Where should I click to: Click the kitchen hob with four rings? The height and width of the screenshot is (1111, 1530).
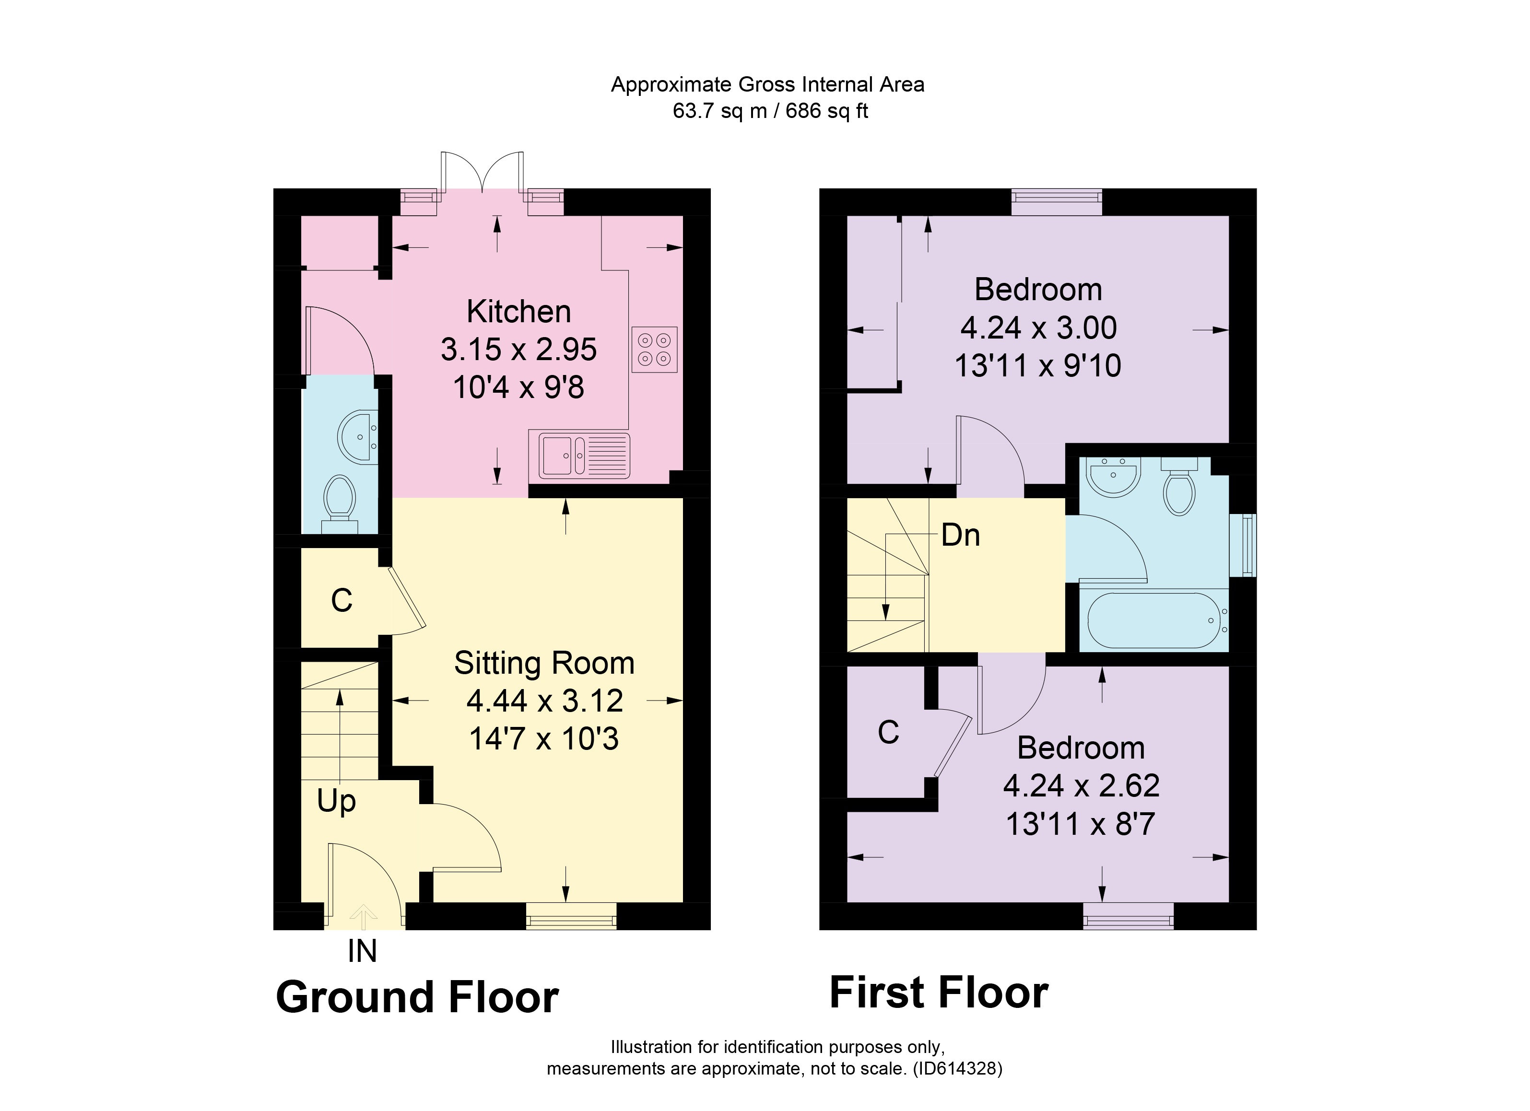coord(654,350)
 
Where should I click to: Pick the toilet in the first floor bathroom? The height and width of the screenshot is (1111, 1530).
coord(1179,491)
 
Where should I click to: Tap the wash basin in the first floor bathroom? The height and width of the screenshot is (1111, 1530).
coord(1114,478)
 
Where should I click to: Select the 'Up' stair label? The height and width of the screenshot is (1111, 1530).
coord(336,801)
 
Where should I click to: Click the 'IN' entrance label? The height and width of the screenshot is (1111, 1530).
coord(362,952)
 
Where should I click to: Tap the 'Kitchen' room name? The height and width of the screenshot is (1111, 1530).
coord(519,312)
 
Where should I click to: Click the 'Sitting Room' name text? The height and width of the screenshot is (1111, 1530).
coord(544,663)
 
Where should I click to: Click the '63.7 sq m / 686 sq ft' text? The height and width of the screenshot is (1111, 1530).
coord(770,111)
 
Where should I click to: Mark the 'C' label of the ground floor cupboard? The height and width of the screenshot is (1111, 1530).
coord(341,600)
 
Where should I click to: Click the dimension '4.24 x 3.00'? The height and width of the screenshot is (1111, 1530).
coord(1038,328)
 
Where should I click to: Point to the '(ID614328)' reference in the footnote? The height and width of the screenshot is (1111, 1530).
coord(957,1068)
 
